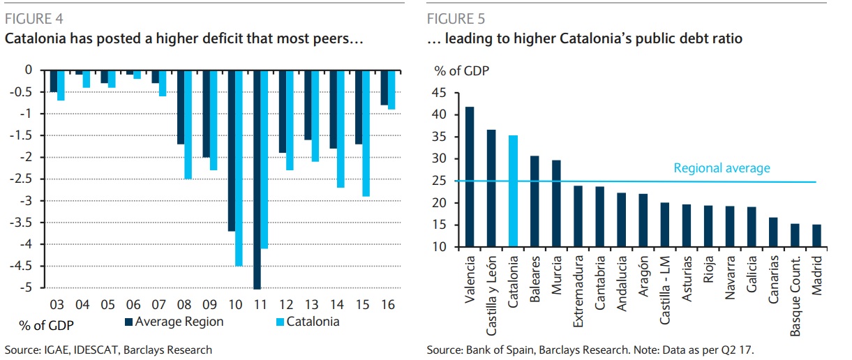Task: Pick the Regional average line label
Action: (722, 168)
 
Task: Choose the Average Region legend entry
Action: (179, 322)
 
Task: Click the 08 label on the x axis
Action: (184, 304)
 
